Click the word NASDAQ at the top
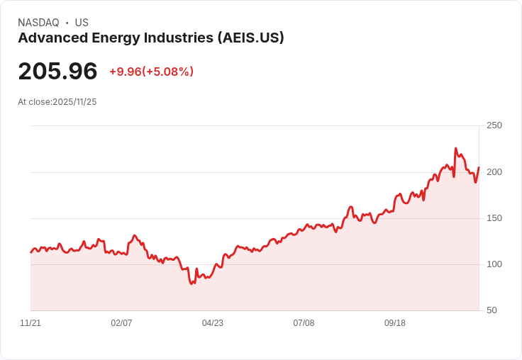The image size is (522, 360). tap(38, 23)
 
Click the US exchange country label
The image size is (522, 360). tap(82, 23)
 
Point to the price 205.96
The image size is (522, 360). tap(57, 72)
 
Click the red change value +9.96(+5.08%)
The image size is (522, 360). tap(151, 72)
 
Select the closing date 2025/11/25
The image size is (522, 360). tap(74, 102)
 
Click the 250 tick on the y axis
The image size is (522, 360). tap(494, 125)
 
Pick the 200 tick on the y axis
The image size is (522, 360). tap(494, 172)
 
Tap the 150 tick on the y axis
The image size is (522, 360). tap(494, 218)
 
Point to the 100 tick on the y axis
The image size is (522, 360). tap(494, 264)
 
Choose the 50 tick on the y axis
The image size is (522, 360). tap(492, 310)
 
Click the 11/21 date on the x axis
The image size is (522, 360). tap(30, 323)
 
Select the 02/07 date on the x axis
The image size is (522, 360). tap(121, 323)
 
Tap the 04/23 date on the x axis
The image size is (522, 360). tap(213, 323)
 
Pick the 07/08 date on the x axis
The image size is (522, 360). tap(304, 323)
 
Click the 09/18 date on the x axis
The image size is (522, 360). tap(395, 323)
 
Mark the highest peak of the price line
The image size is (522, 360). tap(455, 149)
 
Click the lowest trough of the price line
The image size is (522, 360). tap(191, 283)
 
